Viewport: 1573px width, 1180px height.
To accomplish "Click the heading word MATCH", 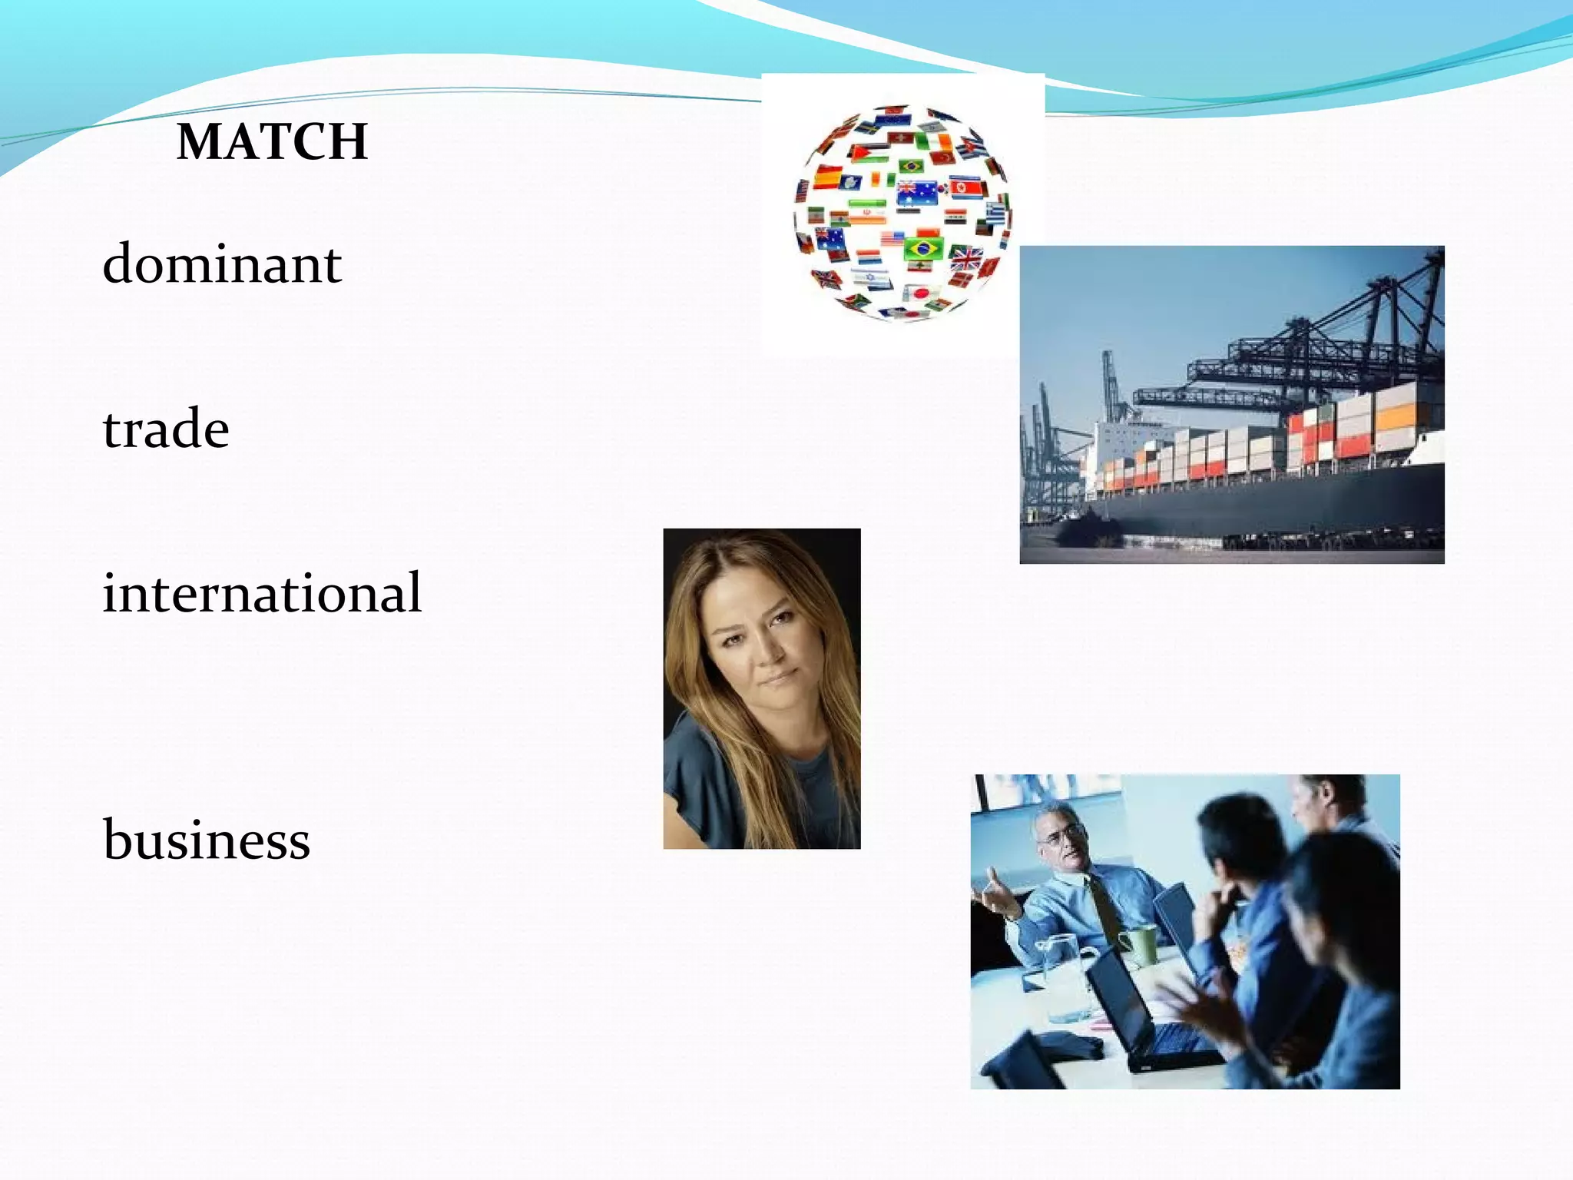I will coord(272,142).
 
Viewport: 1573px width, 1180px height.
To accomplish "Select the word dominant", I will coord(222,264).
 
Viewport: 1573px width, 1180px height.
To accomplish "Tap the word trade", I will coord(166,429).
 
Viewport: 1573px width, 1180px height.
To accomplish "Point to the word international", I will coord(262,593).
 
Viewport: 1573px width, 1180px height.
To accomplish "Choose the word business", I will coord(207,840).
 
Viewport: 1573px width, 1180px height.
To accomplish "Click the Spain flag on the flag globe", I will coord(827,178).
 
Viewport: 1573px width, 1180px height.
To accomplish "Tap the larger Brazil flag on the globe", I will coord(924,248).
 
